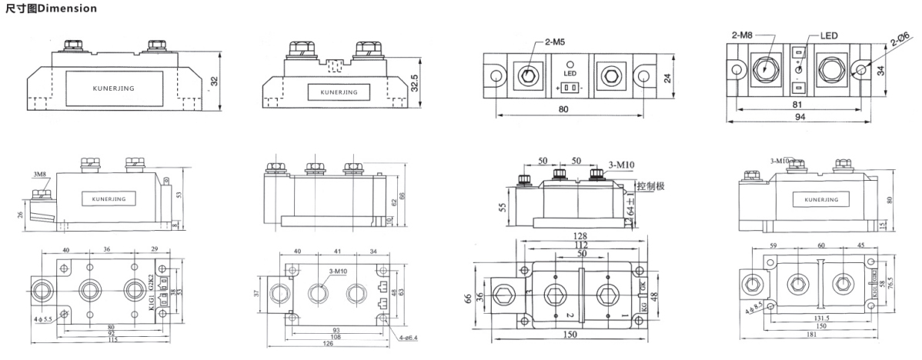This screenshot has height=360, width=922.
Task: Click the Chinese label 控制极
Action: point(650,188)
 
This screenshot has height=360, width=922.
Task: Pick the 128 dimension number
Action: point(581,235)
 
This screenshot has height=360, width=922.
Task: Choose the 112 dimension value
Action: point(581,245)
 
